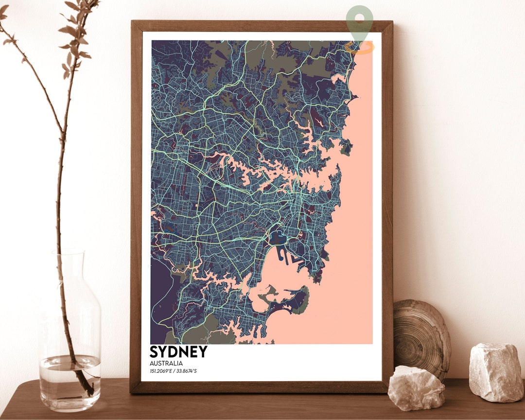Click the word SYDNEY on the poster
[x=178, y=351]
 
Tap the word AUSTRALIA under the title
[x=166, y=363]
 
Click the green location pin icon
[x=360, y=22]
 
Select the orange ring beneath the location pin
[x=360, y=48]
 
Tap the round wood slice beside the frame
[x=421, y=335]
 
